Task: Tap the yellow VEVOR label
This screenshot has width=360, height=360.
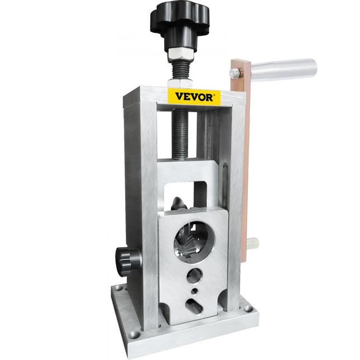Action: point(194,96)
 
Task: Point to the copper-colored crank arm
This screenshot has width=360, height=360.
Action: point(239,167)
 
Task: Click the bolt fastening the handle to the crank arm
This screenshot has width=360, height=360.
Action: point(236,73)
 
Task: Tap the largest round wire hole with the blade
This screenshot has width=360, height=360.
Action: point(193,240)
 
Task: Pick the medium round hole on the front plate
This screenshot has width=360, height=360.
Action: point(194,275)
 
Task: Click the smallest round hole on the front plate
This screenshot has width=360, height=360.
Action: point(194,291)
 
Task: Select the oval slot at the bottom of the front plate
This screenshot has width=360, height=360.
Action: point(193,306)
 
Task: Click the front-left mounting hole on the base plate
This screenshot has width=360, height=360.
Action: point(134,334)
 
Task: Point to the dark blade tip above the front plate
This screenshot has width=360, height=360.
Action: point(176,203)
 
